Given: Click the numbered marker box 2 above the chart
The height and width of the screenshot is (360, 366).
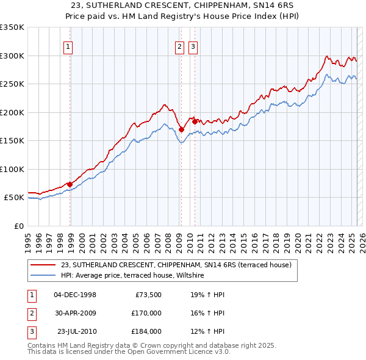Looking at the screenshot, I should pyautogui.click(x=179, y=48).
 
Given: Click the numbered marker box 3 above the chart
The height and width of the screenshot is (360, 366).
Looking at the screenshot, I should pyautogui.click(x=193, y=48).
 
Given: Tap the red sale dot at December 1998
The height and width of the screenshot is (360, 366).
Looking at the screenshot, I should pyautogui.click(x=70, y=184).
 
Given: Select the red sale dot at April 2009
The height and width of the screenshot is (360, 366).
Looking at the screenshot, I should pyautogui.click(x=181, y=129).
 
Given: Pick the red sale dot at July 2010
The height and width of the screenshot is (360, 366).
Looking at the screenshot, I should pyautogui.click(x=195, y=121).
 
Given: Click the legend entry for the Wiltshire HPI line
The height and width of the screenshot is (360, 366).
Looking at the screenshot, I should pyautogui.click(x=135, y=276).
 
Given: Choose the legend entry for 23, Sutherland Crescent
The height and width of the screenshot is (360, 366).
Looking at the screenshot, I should pyautogui.click(x=176, y=265).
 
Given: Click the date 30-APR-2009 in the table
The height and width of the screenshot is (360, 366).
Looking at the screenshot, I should pyautogui.click(x=75, y=313).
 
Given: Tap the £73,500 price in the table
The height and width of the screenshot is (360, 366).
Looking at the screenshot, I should pyautogui.click(x=147, y=295).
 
